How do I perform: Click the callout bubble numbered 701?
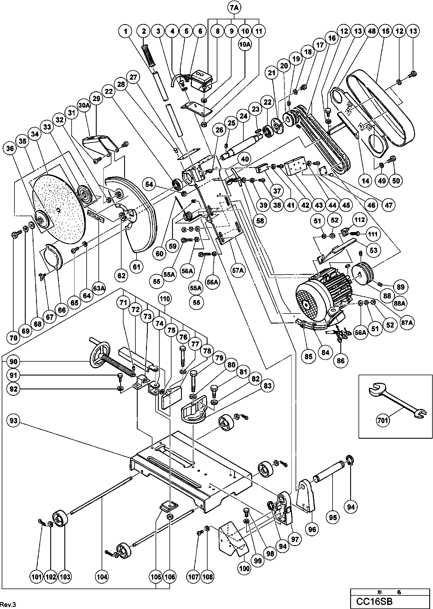[382, 420]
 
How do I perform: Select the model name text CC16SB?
[374, 601]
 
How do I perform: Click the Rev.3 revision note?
[8, 604]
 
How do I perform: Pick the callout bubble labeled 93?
[14, 421]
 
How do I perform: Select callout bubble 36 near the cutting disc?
[10, 148]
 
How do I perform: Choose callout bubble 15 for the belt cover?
[386, 31]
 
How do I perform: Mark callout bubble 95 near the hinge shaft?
[333, 517]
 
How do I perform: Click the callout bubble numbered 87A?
[406, 323]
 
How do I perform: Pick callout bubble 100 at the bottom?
[245, 568]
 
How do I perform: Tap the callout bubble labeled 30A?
[84, 106]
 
